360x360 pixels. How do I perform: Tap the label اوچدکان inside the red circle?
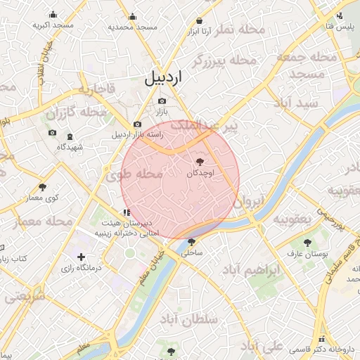[x=205, y=172]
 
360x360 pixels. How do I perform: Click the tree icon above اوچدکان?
[x=209, y=162]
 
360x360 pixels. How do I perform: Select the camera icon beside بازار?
[x=162, y=101]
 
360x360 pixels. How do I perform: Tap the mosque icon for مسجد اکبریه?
[x=53, y=15]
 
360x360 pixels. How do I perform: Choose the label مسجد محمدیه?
[x=132, y=27]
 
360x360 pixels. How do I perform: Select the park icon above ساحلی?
[x=191, y=241]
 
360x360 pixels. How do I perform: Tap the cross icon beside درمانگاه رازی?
[x=82, y=257]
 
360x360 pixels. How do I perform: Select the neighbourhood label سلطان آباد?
[x=189, y=319]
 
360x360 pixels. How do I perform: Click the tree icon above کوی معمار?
[x=43, y=187]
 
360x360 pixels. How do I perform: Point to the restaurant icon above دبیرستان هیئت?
[x=126, y=212]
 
